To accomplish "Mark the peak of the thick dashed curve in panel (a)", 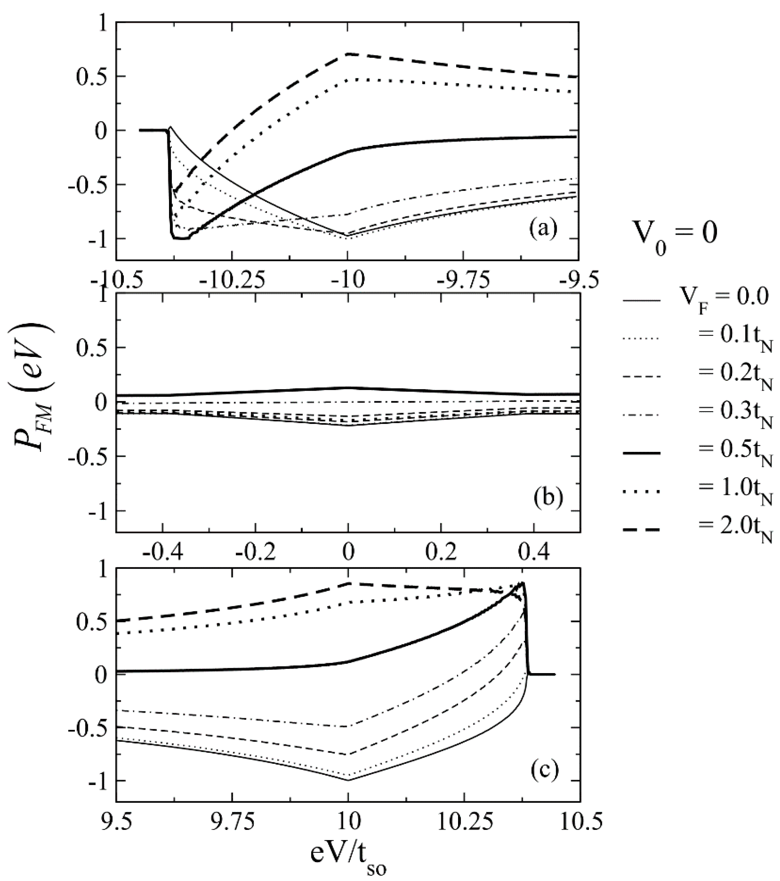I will tap(347, 54).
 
